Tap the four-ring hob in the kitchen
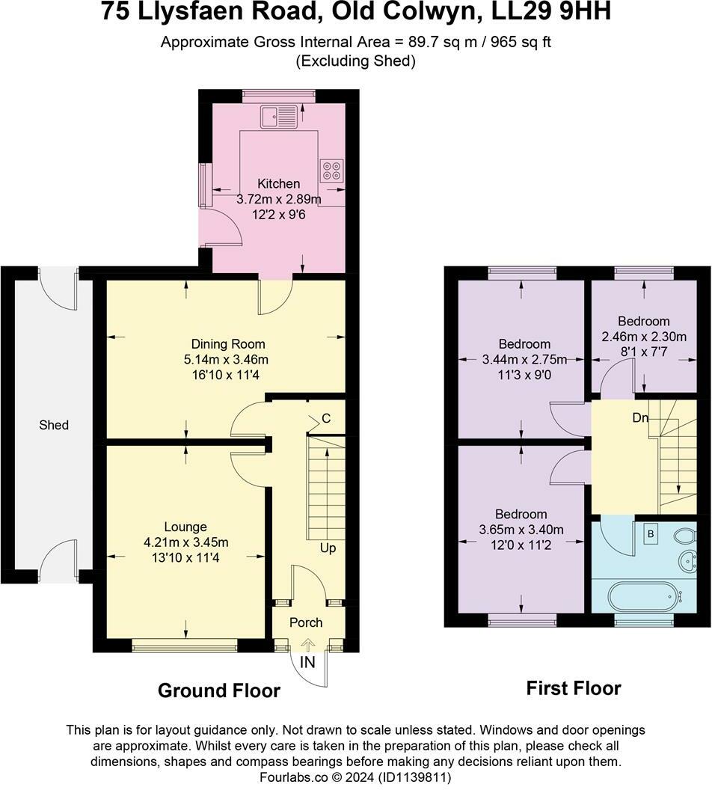[331, 171]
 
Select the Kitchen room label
[279, 183]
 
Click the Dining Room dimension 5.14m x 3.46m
[228, 359]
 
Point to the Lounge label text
[185, 527]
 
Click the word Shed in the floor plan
[54, 425]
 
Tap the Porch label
[306, 622]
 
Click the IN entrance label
[308, 663]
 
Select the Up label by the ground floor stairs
[328, 548]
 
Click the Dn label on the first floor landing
[640, 418]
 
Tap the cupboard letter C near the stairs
[327, 418]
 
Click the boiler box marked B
[651, 534]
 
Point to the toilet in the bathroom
[684, 536]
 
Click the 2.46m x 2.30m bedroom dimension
[644, 336]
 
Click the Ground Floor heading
[218, 691]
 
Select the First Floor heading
[574, 688]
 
